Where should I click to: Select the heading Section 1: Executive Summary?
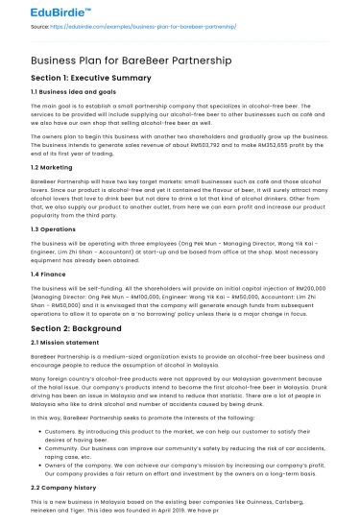pyautogui.click(x=94, y=79)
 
